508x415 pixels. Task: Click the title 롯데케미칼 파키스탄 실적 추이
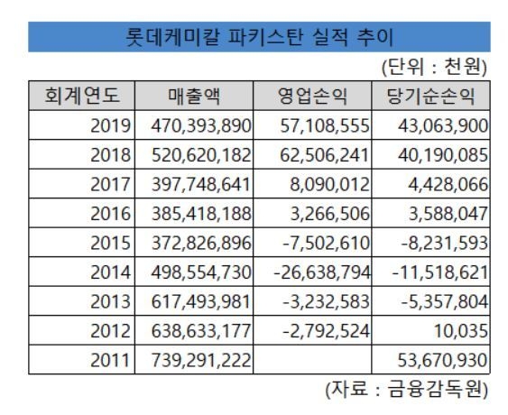point(259,37)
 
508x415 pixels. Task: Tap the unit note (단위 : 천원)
point(434,67)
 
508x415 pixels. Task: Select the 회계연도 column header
point(81,96)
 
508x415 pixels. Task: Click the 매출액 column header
point(194,96)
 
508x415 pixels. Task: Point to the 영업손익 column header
point(312,96)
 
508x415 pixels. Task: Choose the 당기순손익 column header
point(431,96)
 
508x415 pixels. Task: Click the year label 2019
point(110,125)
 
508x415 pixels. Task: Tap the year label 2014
point(110,272)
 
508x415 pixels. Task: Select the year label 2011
point(110,360)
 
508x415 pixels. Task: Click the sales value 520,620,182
point(201,155)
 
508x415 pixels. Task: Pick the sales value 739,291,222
point(201,360)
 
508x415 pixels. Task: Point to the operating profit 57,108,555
point(325,125)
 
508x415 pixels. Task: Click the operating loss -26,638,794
point(322,272)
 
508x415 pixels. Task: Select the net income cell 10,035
point(461,331)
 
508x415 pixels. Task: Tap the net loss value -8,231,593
point(445,243)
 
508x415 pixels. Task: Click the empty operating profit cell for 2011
point(312,360)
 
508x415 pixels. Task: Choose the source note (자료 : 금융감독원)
point(407,389)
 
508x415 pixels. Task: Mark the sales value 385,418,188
point(201,214)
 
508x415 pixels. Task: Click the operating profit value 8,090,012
point(329,184)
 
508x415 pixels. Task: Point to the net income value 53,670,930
point(442,360)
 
